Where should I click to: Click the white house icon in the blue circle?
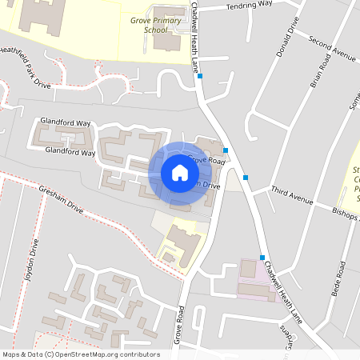coord(180,172)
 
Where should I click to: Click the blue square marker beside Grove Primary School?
coord(200,76)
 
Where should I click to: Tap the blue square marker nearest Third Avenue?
coord(246,178)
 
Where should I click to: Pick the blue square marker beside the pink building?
coord(262,257)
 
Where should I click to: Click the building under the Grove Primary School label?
coord(166,41)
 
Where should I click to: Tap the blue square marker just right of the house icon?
coord(226,150)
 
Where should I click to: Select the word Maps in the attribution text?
coord(12,354)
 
